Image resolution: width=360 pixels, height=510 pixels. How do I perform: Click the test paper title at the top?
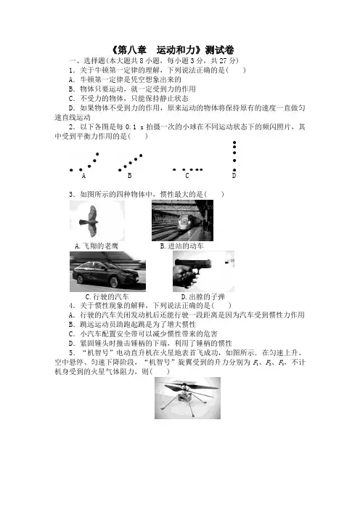coord(173,50)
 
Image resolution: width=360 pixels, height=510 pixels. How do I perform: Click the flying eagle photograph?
coord(97,221)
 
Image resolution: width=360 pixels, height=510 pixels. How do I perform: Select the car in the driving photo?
coord(109,275)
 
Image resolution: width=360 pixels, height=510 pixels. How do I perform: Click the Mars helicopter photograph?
coord(187,398)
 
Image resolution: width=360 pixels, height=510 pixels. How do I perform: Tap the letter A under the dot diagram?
coord(83,176)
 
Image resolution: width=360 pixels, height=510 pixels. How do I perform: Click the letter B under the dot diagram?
coord(129,176)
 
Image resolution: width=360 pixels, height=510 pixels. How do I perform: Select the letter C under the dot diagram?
coord(187,176)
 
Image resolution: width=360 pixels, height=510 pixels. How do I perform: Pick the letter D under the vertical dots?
coord(234,176)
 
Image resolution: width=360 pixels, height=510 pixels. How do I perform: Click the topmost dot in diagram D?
coord(234,142)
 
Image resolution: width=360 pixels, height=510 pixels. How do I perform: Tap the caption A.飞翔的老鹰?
coord(97,246)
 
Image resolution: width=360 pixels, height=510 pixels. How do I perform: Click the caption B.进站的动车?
coord(182,246)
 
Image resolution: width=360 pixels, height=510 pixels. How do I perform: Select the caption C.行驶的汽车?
coord(107,296)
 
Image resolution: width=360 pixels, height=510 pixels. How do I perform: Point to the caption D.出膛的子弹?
coord(202,296)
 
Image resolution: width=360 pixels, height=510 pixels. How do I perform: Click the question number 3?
coord(72,195)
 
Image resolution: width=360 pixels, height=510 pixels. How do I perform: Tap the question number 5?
coord(72,353)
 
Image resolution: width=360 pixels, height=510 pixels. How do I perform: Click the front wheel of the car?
coord(114,282)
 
